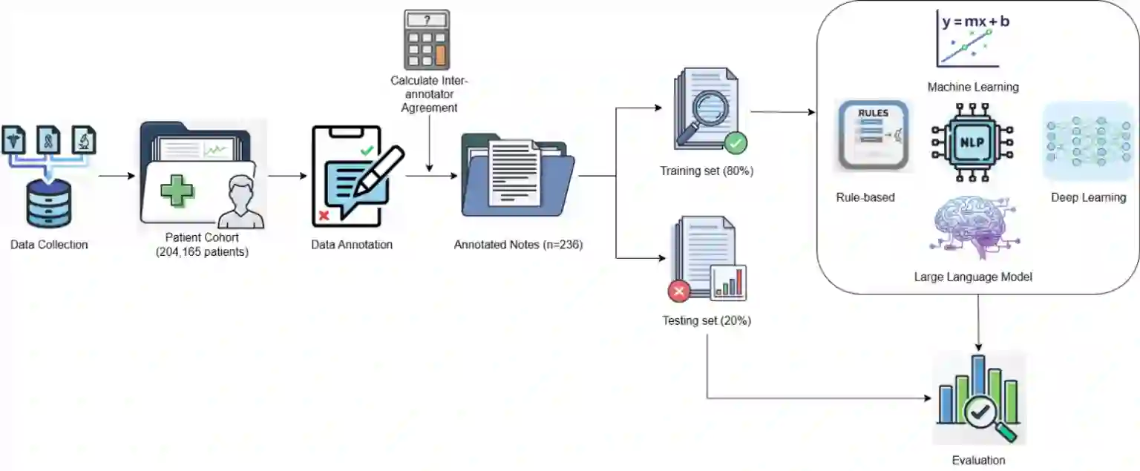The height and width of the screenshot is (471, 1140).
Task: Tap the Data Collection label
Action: pos(49,245)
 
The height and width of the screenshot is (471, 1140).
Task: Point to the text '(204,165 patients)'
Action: pos(202,252)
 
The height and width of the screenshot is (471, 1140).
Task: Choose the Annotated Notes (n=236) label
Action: pos(518,245)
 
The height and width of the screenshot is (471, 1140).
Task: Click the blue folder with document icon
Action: pos(517,175)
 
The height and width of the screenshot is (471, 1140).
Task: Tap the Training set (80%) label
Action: pos(707,171)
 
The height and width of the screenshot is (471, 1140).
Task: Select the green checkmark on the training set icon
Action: pos(736,142)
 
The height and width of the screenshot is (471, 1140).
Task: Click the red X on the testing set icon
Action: pos(679,292)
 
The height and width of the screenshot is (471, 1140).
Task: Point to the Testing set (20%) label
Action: pos(707,321)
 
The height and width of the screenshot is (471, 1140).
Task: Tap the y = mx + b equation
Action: pos(975,22)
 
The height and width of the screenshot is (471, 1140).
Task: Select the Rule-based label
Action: pos(865,197)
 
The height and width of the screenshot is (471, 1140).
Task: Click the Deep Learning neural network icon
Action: pos(1087,142)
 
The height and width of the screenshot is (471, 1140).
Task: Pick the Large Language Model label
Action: pos(973,277)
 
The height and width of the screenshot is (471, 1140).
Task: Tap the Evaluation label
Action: pos(978,461)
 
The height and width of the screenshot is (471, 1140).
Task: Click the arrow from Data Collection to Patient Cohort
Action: pos(117,177)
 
